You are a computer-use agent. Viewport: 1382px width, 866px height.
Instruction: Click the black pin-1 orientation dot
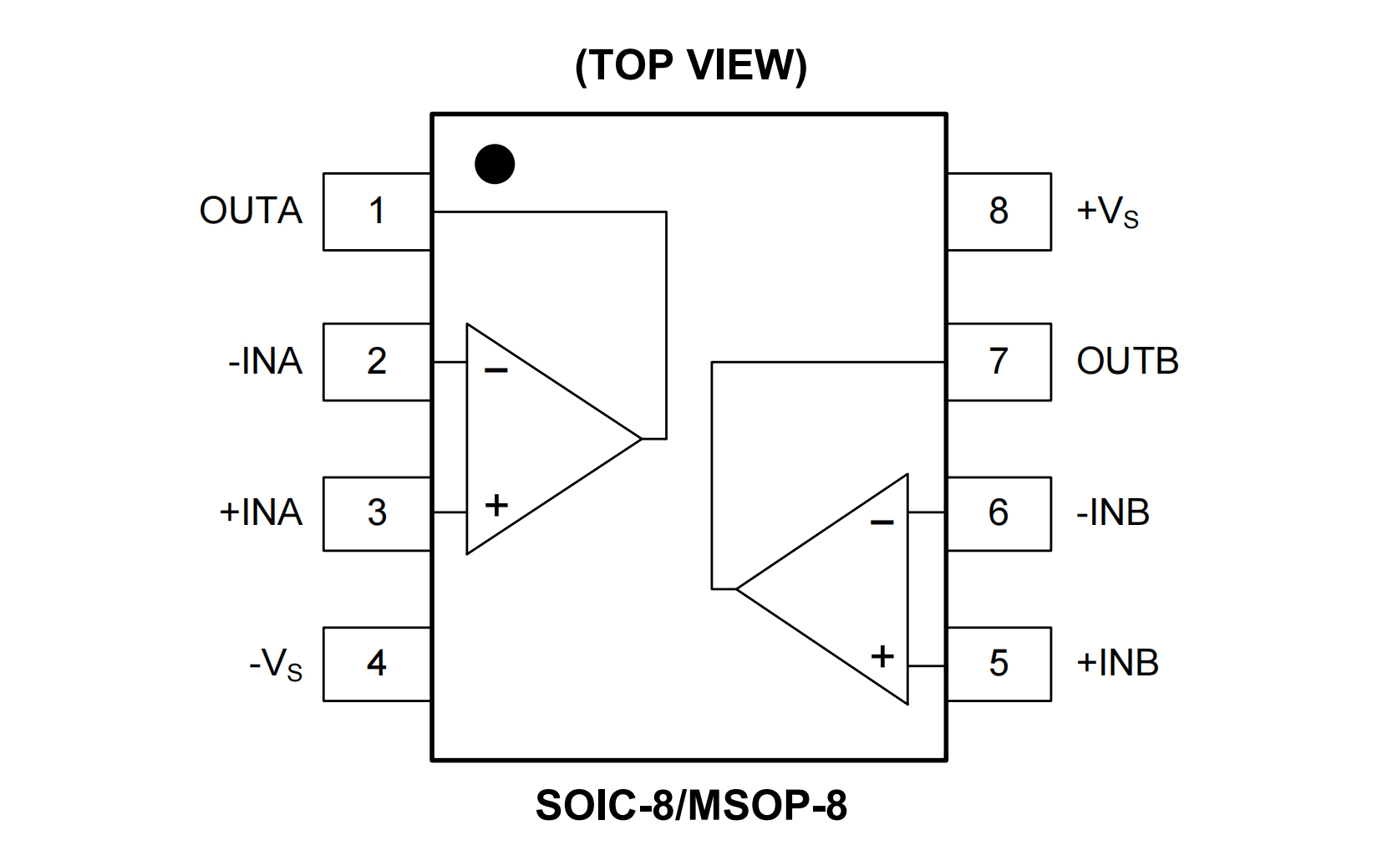pos(495,164)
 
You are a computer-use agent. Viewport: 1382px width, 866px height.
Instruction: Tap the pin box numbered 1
pos(377,211)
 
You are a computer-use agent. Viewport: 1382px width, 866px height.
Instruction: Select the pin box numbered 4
pos(377,664)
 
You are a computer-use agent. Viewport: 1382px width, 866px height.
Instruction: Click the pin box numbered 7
pos(998,362)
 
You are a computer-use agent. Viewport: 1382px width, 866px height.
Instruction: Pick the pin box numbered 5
pos(998,664)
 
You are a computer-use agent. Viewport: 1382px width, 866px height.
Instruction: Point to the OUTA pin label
pos(251,211)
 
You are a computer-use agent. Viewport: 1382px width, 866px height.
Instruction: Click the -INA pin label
pos(265,362)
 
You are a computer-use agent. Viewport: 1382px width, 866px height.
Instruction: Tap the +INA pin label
pos(261,512)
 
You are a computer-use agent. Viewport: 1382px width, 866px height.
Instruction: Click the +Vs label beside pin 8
pos(1107,211)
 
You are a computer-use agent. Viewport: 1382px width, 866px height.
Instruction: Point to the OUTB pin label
pos(1127,362)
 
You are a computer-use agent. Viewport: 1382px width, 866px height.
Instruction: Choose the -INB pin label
pos(1113,512)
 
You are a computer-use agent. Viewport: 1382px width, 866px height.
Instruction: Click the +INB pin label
pos(1117,664)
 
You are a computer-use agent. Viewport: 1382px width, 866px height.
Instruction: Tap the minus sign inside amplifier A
pos(496,369)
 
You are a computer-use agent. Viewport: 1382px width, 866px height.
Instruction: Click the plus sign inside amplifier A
pos(496,505)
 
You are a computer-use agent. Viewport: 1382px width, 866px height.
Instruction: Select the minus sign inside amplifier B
pos(882,523)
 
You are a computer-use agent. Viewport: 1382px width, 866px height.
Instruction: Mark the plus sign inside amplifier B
pos(882,656)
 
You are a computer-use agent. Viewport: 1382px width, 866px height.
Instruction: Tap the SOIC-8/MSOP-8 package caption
pos(691,806)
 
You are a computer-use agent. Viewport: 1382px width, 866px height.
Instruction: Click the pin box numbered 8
pos(998,211)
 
